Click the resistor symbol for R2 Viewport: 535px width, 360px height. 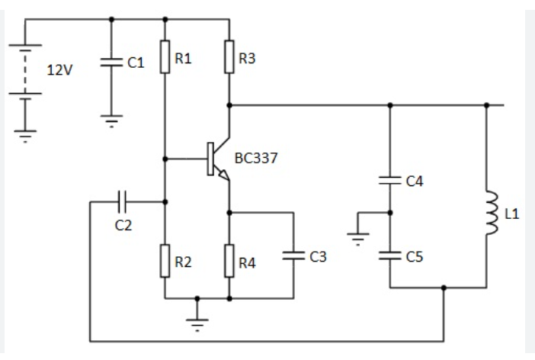tap(165, 260)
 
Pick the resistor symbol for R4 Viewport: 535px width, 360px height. tap(229, 260)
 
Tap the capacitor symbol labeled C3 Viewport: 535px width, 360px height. tap(293, 256)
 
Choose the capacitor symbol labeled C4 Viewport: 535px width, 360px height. tap(389, 181)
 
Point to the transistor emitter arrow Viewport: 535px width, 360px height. tap(224, 175)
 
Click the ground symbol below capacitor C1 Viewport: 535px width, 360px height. tap(111, 119)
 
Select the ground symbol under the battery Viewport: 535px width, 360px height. tap(25, 137)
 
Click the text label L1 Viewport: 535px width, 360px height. tap(511, 214)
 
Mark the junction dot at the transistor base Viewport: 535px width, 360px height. tap(165, 159)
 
